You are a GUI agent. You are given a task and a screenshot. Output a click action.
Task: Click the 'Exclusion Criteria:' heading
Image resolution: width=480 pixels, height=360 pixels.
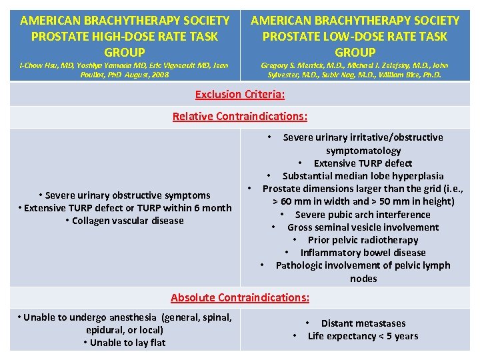pos(240,94)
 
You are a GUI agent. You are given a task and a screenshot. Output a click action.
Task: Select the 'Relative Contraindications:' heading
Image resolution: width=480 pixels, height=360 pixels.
pos(240,116)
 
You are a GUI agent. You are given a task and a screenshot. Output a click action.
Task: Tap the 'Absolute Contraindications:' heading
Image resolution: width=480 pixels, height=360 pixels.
pos(240,297)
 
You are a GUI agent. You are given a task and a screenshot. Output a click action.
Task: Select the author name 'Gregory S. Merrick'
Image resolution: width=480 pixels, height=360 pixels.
pos(293,65)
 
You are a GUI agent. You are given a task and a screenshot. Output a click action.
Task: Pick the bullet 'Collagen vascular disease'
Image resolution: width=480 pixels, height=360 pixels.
pos(128,221)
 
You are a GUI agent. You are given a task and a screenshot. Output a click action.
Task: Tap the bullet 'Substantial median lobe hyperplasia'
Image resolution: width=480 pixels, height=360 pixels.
pos(363,176)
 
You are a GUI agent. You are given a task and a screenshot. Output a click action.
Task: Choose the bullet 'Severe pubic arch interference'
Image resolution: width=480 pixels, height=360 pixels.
pos(363,215)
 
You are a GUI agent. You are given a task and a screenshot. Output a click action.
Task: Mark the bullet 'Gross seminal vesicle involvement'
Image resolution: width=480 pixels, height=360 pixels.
pos(363,227)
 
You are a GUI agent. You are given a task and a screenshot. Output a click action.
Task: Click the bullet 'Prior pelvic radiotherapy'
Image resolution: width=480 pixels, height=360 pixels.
pos(363,240)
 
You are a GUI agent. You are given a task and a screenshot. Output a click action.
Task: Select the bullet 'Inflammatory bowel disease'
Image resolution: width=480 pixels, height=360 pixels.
pos(363,253)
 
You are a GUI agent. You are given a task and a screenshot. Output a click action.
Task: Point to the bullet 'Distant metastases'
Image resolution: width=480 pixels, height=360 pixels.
pos(363,323)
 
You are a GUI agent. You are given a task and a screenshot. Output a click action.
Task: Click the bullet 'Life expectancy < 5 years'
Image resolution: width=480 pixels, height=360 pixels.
pos(363,336)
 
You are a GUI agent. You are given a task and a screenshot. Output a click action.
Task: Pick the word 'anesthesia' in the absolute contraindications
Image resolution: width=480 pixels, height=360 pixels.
pos(134,317)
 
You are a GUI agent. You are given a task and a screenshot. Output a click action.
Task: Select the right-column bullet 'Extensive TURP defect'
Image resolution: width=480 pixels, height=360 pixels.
pos(363,163)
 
